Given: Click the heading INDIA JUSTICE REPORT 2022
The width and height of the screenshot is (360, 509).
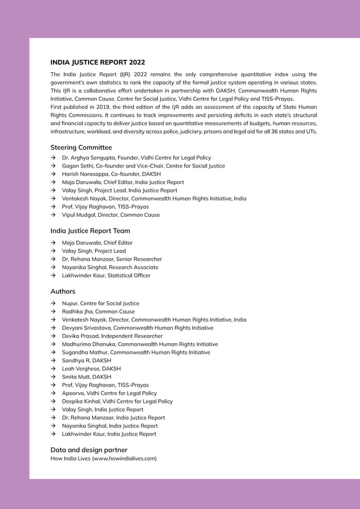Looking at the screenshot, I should [98, 63].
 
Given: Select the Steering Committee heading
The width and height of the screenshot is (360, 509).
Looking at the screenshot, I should [81, 147].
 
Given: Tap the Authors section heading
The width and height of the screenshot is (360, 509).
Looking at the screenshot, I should [63, 291].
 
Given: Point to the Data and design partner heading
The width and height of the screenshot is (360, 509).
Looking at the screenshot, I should [89, 450].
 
